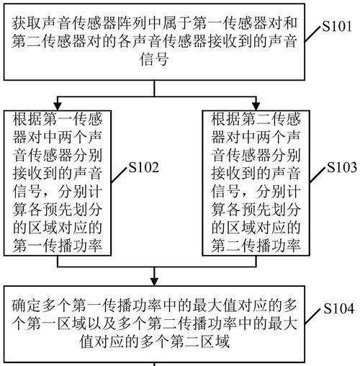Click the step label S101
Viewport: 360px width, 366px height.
pyautogui.click(x=337, y=26)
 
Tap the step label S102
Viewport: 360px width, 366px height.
pyautogui.click(x=144, y=167)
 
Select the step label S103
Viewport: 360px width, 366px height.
pyautogui.click(x=342, y=167)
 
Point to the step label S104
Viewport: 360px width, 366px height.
pyautogui.click(x=339, y=308)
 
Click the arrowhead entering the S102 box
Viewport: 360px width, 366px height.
pyautogui.click(x=58, y=106)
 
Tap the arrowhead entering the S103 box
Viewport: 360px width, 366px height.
pyautogui.click(x=256, y=106)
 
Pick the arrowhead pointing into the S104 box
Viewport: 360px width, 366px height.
pyautogui.click(x=154, y=282)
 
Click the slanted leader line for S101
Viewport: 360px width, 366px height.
pyautogui.click(x=312, y=35)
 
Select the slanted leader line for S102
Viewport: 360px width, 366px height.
pyautogui.click(x=119, y=176)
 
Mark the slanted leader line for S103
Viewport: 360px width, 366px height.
pyautogui.click(x=318, y=176)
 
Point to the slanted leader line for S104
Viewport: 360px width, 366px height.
pyautogui.click(x=312, y=316)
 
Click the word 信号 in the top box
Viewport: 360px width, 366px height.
pyautogui.click(x=154, y=59)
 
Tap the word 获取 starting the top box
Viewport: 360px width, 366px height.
pyautogui.click(x=26, y=23)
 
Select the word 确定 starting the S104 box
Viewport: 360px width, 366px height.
pyautogui.click(x=26, y=305)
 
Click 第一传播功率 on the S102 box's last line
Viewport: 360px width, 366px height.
pyautogui.click(x=58, y=245)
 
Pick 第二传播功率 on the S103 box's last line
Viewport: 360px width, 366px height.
pyautogui.click(x=256, y=245)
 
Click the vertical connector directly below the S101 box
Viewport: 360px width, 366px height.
pyautogui.click(x=154, y=89)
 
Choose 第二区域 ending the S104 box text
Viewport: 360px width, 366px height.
pyautogui.click(x=199, y=342)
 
